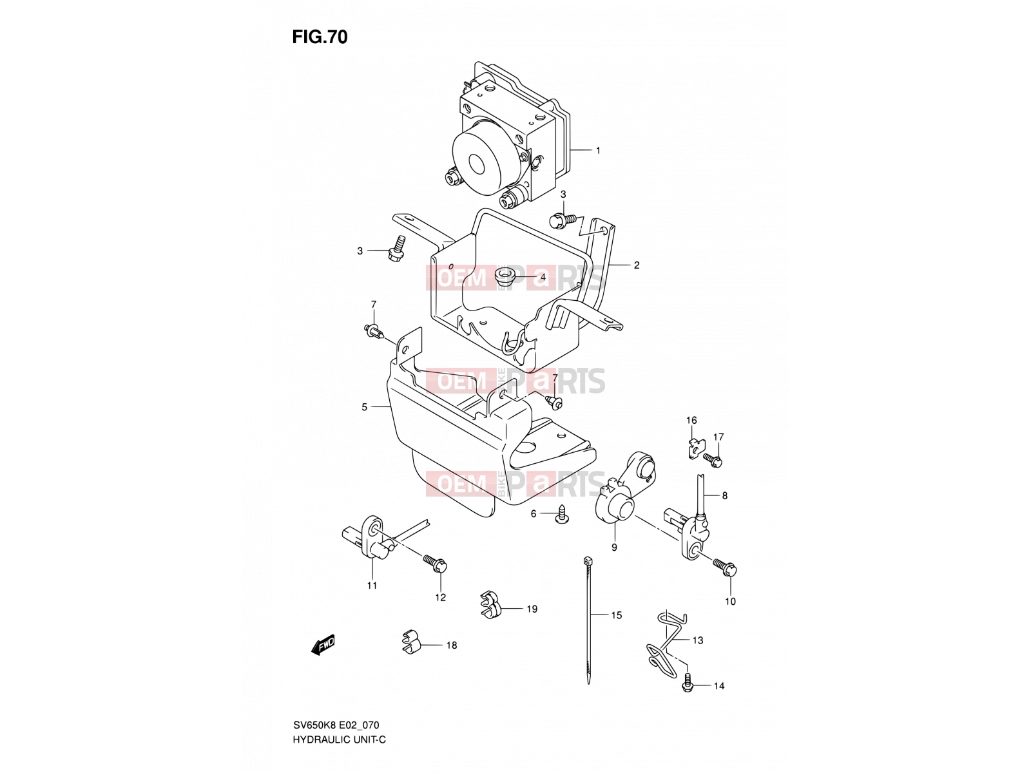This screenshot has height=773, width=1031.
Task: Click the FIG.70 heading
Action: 320,37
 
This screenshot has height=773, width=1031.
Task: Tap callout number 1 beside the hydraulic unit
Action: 598,151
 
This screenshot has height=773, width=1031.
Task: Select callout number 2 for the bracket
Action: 637,265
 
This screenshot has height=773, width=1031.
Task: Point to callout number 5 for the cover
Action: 365,407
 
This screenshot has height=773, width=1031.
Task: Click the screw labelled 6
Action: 562,515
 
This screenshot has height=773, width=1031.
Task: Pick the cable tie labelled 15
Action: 588,620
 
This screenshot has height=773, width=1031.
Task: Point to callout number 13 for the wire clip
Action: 698,640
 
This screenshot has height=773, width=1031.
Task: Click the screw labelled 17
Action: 713,459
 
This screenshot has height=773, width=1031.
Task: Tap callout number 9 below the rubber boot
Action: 614,548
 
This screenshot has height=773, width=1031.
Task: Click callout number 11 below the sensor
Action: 372,586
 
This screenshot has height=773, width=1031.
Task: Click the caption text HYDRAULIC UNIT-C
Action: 339,740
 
